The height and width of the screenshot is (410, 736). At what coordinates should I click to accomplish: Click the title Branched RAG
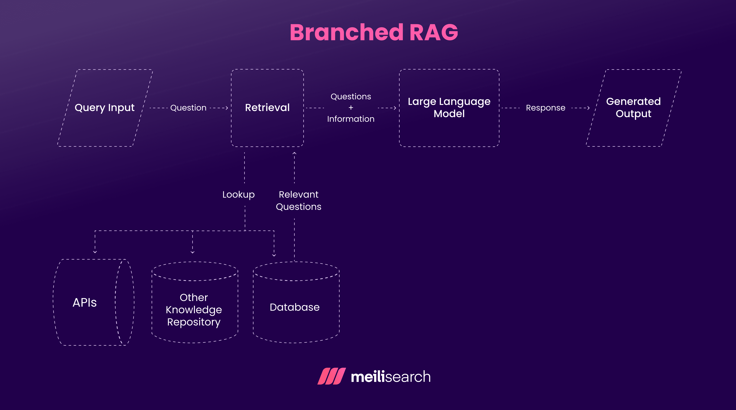pos(374,32)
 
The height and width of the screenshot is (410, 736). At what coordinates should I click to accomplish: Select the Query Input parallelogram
pos(105,108)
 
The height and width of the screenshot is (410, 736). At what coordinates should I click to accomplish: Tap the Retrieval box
pos(267,108)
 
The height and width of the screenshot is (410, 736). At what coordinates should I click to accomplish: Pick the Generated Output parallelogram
pos(633,108)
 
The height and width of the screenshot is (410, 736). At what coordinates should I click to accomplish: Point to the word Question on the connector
pos(188,108)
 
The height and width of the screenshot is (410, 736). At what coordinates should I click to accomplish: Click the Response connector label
pos(545,108)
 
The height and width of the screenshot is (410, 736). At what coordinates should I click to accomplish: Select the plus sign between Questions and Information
pos(351,108)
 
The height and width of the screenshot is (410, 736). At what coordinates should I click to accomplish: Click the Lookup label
pos(238,195)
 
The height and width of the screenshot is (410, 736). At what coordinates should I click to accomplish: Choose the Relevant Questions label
pos(299,201)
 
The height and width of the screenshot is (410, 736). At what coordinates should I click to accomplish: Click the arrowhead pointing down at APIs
pos(95,252)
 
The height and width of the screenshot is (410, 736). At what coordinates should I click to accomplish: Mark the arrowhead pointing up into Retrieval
pos(294,153)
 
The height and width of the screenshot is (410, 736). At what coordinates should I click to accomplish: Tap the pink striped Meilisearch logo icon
pos(331,376)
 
